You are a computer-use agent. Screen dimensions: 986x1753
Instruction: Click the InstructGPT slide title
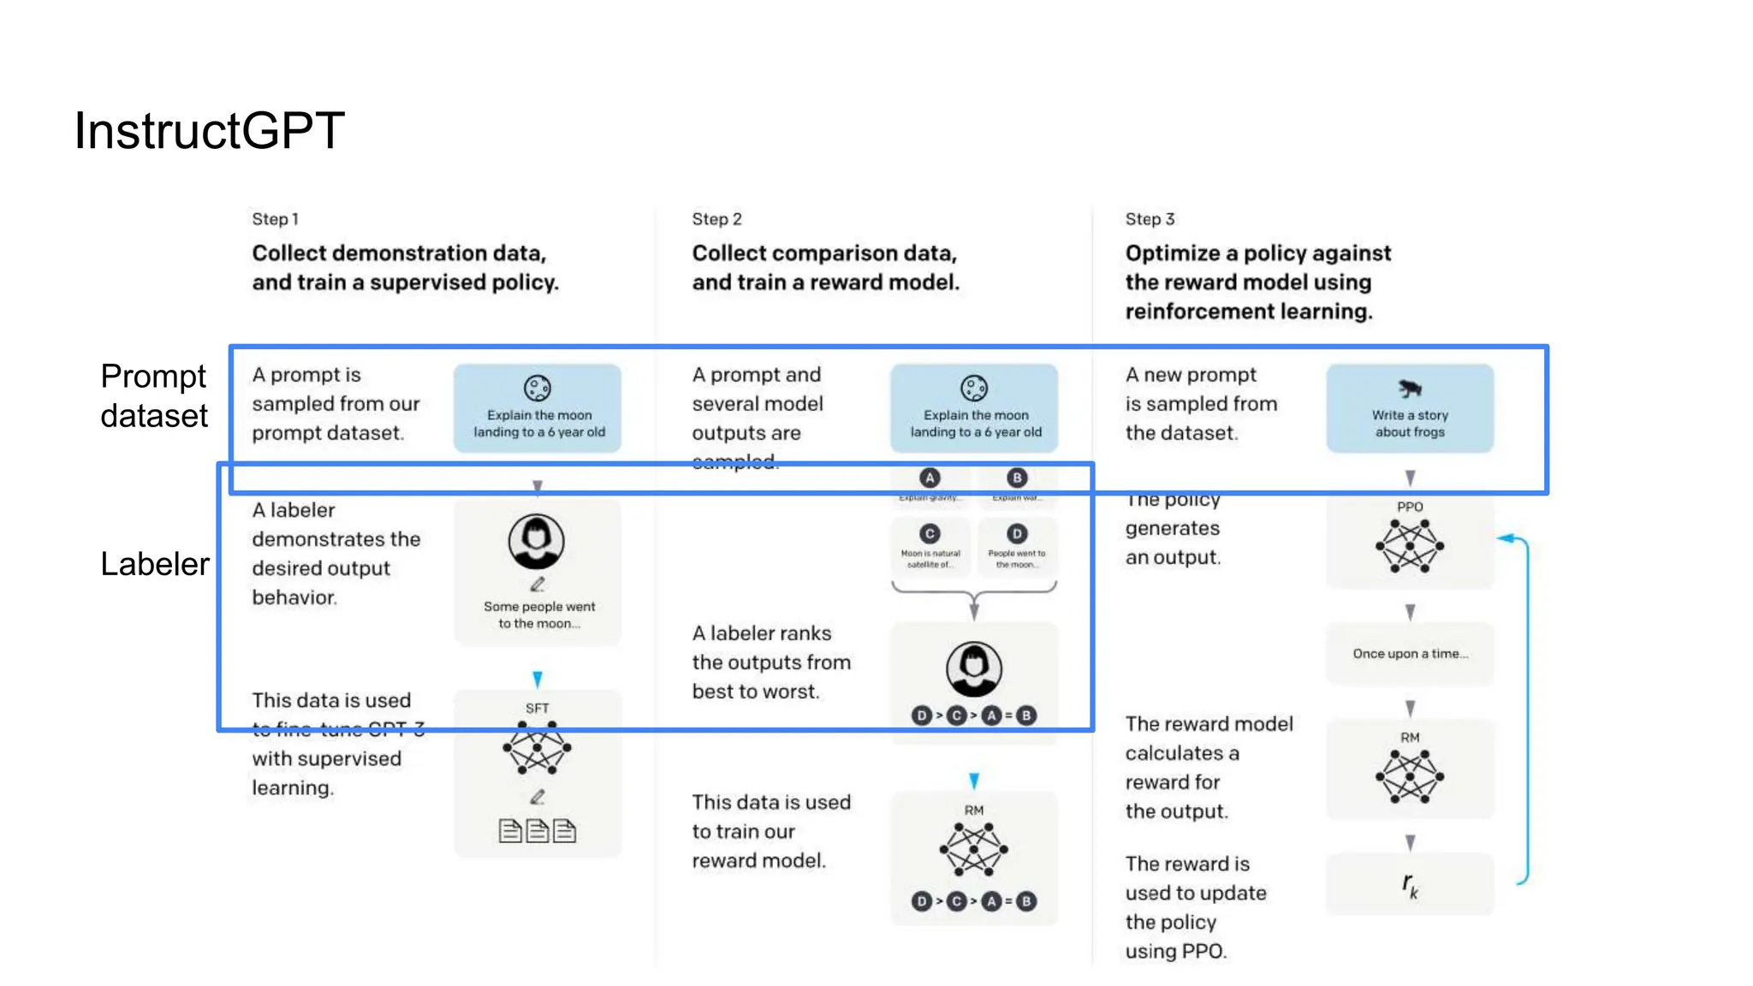tap(209, 131)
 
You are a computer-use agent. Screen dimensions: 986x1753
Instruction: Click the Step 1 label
tap(275, 219)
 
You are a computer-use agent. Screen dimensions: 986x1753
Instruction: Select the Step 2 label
tap(716, 219)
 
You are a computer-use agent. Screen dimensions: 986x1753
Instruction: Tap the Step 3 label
tap(1150, 219)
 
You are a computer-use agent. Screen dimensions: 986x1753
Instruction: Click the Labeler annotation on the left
tap(154, 564)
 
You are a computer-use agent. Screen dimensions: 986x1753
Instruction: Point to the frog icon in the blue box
tap(1409, 389)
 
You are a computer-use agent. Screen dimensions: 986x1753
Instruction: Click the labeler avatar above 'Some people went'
tap(537, 541)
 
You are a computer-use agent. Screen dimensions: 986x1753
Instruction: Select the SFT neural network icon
tap(537, 748)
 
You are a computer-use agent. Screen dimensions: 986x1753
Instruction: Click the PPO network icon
tap(1409, 547)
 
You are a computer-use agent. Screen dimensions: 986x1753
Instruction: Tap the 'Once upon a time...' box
tap(1410, 654)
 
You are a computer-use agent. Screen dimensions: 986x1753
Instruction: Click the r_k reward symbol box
tap(1410, 885)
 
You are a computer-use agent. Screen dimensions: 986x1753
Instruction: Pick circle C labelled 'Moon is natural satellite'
tap(930, 534)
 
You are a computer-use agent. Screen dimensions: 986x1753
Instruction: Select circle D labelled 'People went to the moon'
tap(1017, 534)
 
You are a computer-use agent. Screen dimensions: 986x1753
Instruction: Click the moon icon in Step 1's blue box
tap(538, 389)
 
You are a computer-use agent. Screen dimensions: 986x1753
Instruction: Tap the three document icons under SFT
tap(538, 830)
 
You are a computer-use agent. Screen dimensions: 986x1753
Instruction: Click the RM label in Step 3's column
tap(1410, 737)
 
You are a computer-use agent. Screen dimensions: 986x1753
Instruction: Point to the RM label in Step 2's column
tap(974, 810)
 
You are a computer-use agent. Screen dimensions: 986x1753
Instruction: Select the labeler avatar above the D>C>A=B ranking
tap(974, 668)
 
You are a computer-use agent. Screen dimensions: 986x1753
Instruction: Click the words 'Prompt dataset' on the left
tap(154, 395)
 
